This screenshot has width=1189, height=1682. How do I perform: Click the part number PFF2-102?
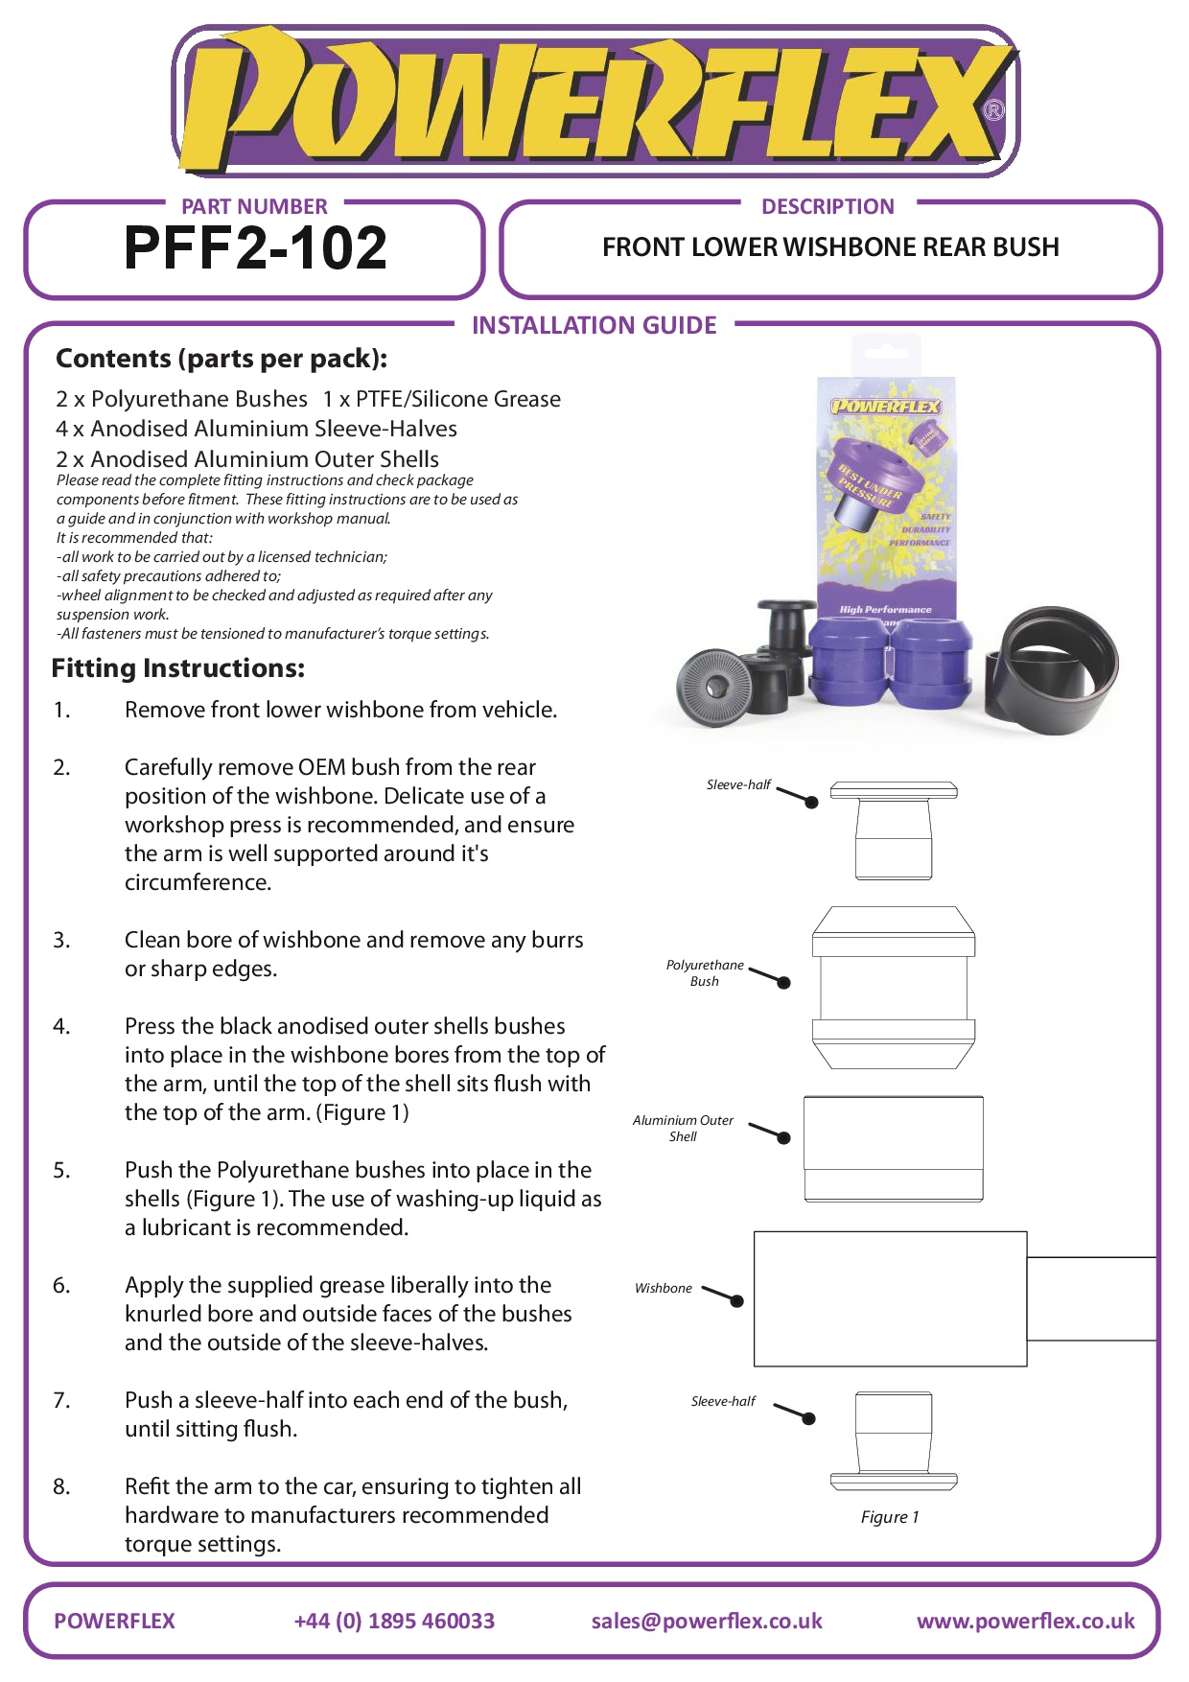pos(255,247)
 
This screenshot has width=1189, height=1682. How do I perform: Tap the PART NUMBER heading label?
pos(254,206)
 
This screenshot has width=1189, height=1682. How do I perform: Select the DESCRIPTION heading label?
pos(828,206)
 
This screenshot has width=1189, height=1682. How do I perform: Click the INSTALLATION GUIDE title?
pos(594,325)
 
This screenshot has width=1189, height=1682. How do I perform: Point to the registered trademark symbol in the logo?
pos(994,110)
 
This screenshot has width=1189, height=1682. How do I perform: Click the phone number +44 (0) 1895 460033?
pos(394,1621)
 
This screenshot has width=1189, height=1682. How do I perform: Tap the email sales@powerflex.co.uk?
pos(707,1621)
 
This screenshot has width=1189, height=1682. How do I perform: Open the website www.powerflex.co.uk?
pos(1025,1621)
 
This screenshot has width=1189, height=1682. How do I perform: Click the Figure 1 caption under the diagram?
pos(890,1516)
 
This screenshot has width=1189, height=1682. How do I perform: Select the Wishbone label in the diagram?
pos(664,1288)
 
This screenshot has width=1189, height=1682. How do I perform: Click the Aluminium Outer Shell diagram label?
pos(683,1128)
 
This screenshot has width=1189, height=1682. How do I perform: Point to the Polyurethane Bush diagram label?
pos(705,972)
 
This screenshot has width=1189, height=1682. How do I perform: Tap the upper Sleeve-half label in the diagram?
pos(738,784)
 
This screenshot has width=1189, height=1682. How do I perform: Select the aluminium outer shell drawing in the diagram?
pos(894,1149)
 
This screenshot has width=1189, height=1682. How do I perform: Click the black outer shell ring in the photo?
pos(1055,671)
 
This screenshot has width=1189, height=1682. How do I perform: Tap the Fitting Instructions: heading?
pos(178,667)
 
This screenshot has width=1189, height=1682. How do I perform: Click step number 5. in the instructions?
pos(61,1170)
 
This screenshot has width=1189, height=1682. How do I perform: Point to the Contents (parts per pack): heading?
pos(221,359)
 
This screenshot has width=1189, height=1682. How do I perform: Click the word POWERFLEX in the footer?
pos(115,1621)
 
